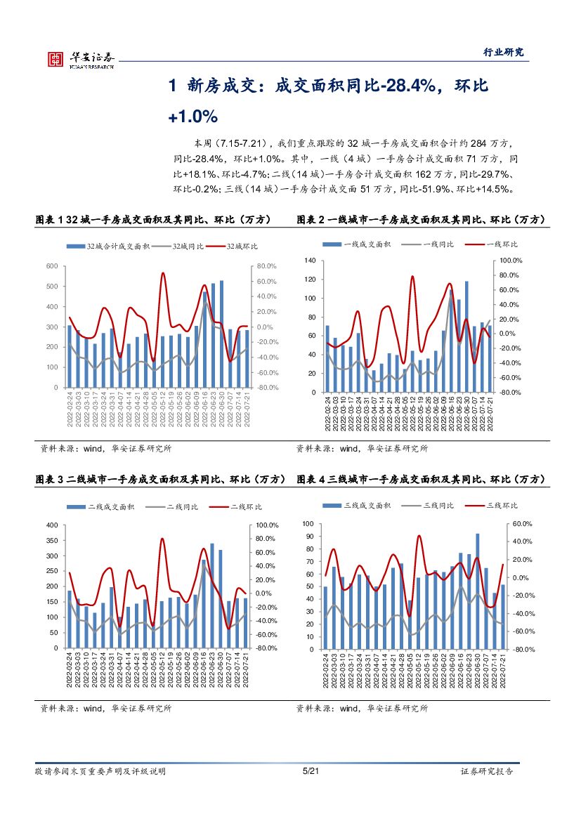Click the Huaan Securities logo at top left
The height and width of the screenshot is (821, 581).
tap(81, 59)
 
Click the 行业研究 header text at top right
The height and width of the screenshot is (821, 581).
tap(504, 52)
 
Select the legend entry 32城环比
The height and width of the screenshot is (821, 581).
tap(241, 247)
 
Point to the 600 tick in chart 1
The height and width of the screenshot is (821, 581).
tap(51, 266)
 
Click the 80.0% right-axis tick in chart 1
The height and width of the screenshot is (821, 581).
tap(267, 266)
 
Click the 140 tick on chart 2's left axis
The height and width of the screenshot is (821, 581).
tap(311, 261)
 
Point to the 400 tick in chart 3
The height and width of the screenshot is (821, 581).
tap(51, 525)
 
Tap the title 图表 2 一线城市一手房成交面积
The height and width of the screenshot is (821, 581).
tap(420, 220)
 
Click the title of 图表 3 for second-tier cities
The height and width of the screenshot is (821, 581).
tap(160, 479)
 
